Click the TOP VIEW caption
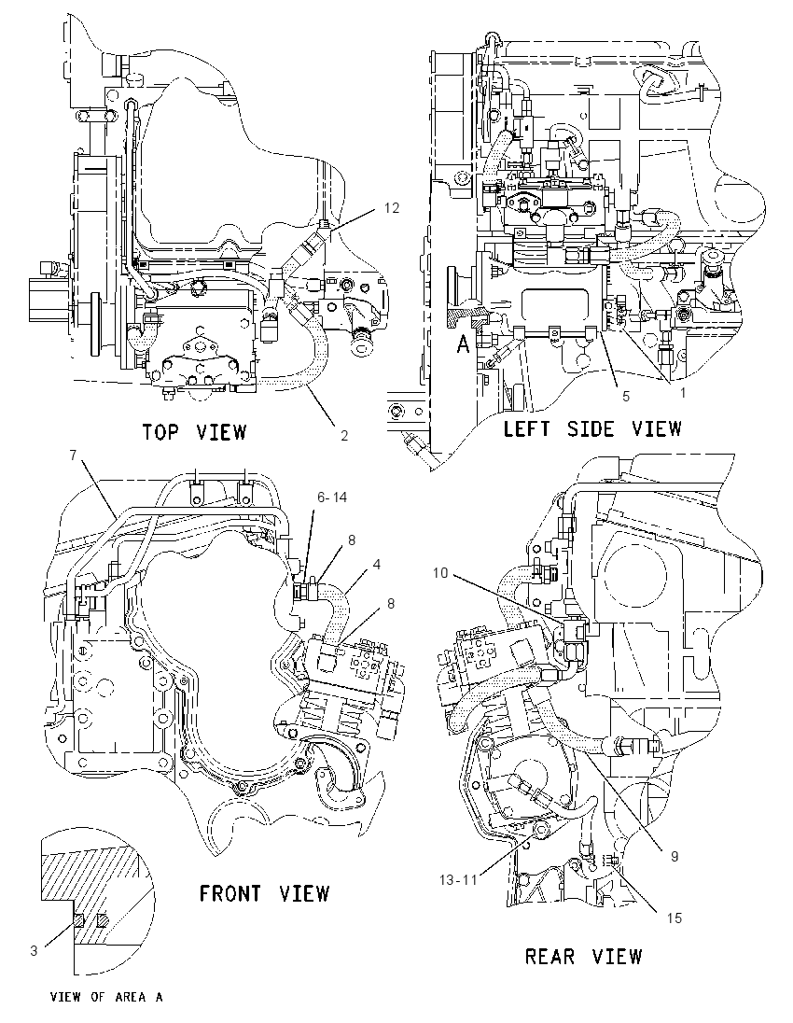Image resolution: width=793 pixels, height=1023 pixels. tap(194, 432)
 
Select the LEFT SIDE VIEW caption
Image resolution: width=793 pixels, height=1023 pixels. tap(592, 428)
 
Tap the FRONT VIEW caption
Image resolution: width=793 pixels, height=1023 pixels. tap(264, 893)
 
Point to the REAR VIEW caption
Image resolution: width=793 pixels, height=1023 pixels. tap(584, 957)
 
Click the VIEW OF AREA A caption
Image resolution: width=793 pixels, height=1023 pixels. tap(106, 997)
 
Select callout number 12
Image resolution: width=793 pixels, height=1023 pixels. tap(391, 207)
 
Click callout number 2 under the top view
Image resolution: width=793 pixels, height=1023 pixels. tap(344, 436)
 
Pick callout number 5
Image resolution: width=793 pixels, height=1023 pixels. tap(626, 396)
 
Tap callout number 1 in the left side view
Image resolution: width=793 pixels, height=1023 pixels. tap(682, 393)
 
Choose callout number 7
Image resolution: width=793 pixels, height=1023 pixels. tap(74, 455)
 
